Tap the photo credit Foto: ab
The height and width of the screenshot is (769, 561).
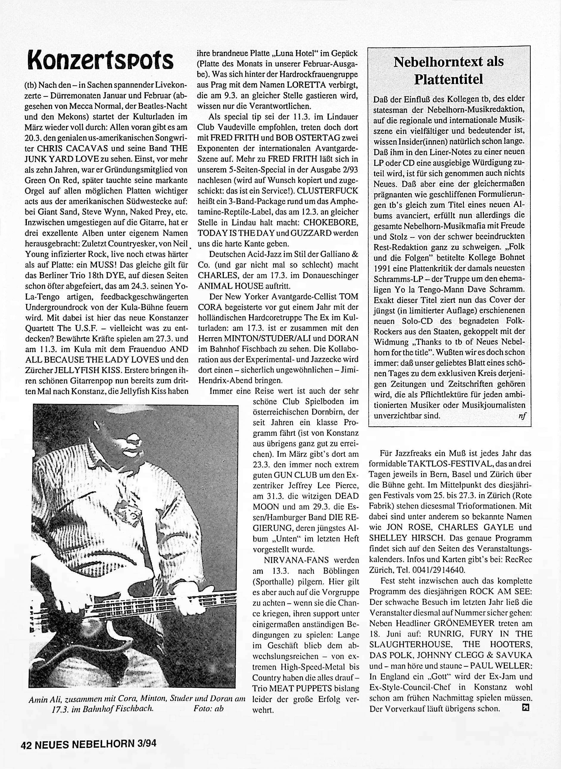[209, 709]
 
